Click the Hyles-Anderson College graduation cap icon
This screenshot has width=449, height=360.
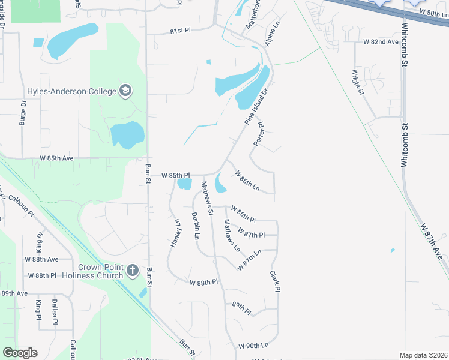point(125,91)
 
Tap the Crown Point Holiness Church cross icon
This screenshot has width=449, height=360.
point(133,271)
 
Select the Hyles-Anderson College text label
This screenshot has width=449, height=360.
point(71,91)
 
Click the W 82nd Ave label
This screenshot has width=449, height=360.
point(381,42)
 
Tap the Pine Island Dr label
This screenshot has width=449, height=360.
point(255,106)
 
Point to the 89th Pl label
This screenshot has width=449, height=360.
point(241,306)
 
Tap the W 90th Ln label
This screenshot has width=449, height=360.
point(253,346)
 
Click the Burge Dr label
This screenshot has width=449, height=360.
point(23,112)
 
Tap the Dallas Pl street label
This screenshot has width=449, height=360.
point(55,313)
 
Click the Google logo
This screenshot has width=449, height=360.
point(20,353)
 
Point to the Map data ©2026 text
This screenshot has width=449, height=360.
point(423,355)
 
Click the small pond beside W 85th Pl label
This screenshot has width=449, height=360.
point(185,184)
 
